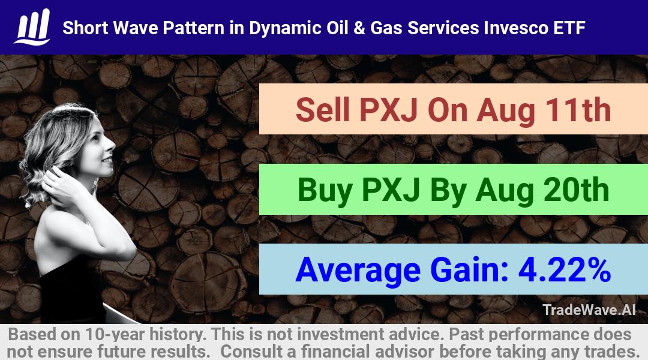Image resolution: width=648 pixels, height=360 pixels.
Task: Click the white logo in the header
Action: (x=32, y=27)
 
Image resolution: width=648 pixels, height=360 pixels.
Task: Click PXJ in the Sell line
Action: (x=388, y=110)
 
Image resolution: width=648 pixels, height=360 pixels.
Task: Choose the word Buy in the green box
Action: (x=325, y=190)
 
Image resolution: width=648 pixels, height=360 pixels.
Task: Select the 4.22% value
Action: (x=565, y=269)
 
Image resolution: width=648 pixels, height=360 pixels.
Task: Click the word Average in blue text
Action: (x=358, y=271)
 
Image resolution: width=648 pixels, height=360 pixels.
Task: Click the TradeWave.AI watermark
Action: (x=589, y=310)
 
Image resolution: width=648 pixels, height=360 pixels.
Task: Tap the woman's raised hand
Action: (x=62, y=185)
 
